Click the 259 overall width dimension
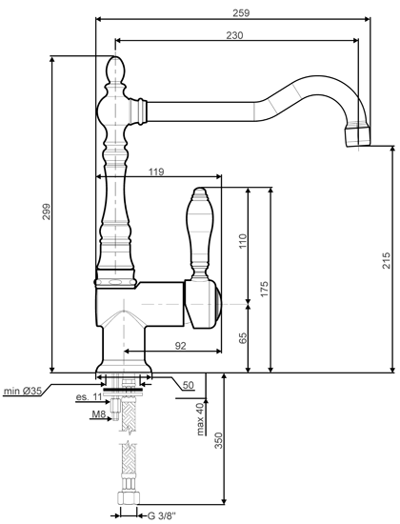[241, 12]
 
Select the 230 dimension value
[234, 35]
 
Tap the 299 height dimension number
[46, 212]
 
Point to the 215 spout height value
[387, 260]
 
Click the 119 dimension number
[156, 171]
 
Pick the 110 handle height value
[243, 241]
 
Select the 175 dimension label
[265, 290]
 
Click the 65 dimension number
[243, 338]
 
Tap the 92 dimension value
[180, 346]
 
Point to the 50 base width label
[189, 385]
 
